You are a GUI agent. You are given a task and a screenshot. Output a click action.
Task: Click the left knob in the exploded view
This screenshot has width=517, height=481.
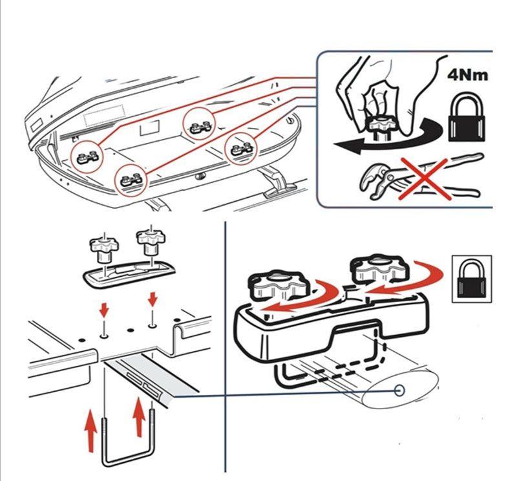click(x=103, y=246)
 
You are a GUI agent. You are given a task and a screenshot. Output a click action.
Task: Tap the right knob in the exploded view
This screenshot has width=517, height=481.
click(x=149, y=240)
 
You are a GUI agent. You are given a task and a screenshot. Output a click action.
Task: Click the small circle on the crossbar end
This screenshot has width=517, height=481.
click(x=399, y=390)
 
